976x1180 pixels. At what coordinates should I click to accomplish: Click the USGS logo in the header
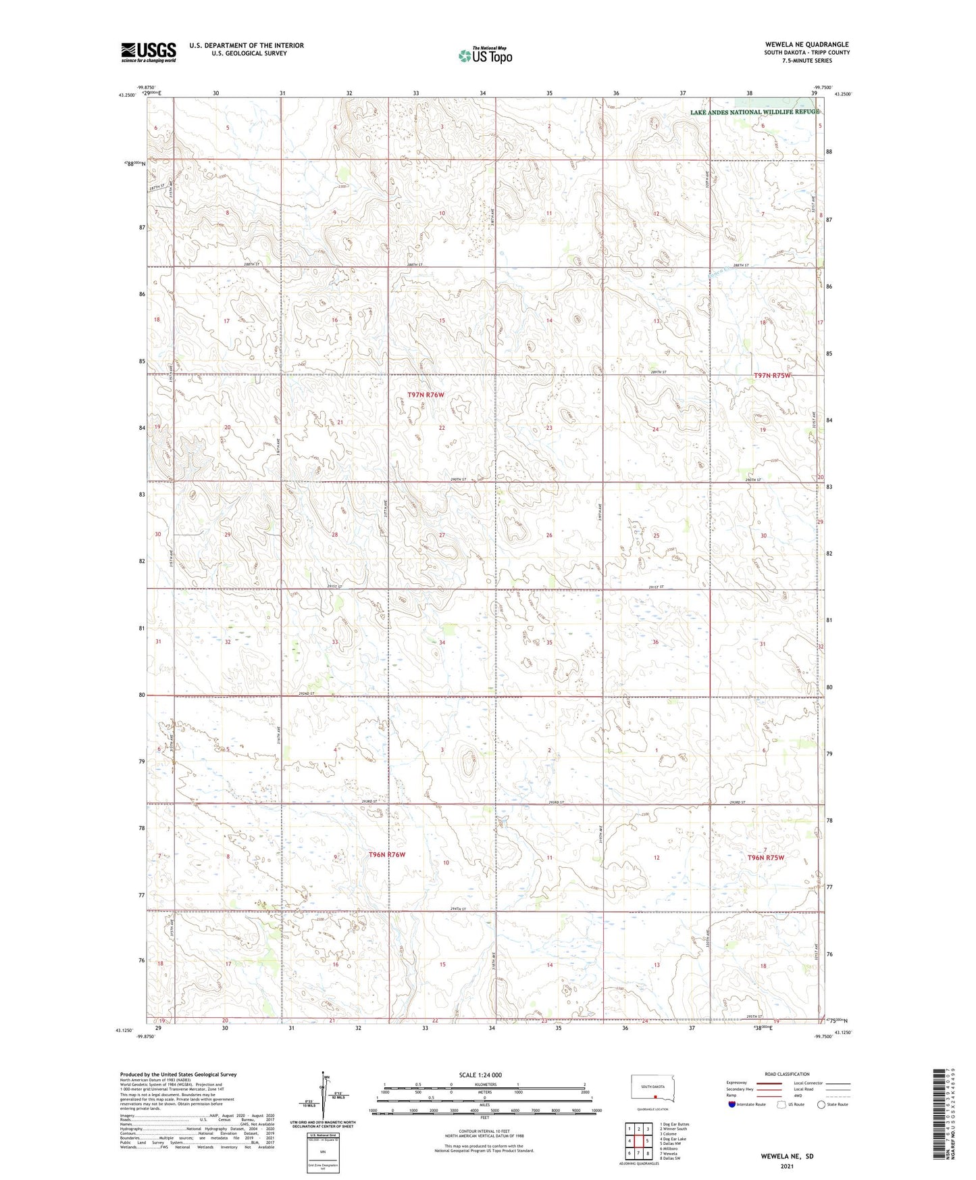point(149,52)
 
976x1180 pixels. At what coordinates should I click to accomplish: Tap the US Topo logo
point(484,55)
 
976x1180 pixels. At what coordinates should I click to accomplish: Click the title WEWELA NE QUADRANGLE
point(806,45)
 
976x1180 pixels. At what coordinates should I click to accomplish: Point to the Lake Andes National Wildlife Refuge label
point(754,112)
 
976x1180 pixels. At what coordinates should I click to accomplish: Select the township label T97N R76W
point(426,395)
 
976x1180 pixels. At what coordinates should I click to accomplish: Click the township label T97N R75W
point(772,375)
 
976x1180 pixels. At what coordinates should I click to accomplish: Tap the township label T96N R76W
point(387,855)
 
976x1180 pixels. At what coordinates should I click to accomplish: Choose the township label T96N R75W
point(766,858)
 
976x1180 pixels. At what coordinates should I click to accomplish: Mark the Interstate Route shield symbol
point(733,1104)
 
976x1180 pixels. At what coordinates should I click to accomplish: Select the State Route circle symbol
point(821,1104)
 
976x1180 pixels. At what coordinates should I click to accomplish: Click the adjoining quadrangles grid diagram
point(638,1140)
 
